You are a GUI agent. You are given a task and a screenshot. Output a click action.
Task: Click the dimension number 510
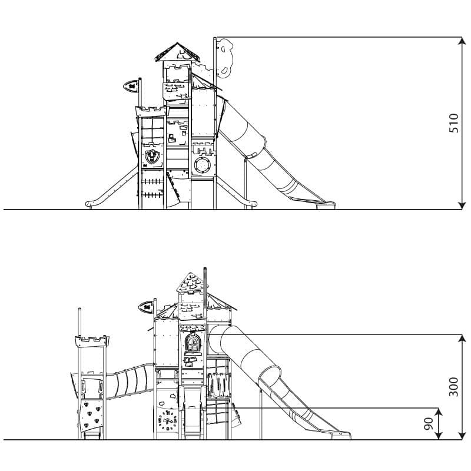[453, 123]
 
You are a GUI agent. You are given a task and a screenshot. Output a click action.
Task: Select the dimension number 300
[453, 387]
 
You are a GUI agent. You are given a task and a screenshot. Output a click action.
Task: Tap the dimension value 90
[429, 423]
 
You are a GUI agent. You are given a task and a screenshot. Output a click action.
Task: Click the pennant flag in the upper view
[131, 86]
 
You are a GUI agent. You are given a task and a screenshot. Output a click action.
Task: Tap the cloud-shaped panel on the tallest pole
[225, 57]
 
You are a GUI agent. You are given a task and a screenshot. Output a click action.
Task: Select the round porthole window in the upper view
[203, 165]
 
